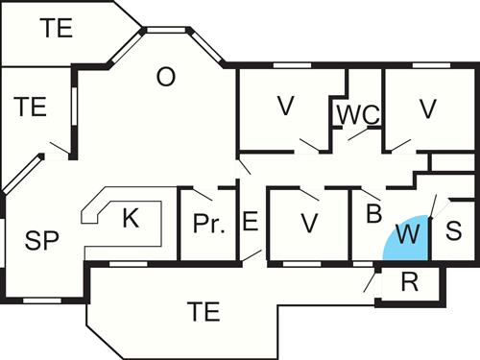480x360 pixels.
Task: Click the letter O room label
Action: (166, 78)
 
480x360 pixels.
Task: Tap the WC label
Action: (357, 113)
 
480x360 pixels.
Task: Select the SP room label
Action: (42, 240)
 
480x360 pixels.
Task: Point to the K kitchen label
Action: (131, 218)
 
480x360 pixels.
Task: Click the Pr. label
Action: (208, 226)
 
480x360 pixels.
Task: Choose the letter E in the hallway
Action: (250, 222)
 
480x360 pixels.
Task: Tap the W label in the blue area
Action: (409, 233)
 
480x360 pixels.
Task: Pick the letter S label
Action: (454, 231)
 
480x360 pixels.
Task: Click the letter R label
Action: (409, 284)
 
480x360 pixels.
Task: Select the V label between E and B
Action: (308, 223)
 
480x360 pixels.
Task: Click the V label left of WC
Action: (284, 107)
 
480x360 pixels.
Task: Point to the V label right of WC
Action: (428, 108)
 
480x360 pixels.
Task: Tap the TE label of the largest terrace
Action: (204, 311)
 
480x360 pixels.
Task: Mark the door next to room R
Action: (370, 280)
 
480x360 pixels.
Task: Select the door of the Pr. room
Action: (202, 193)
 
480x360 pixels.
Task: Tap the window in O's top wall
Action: (165, 31)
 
